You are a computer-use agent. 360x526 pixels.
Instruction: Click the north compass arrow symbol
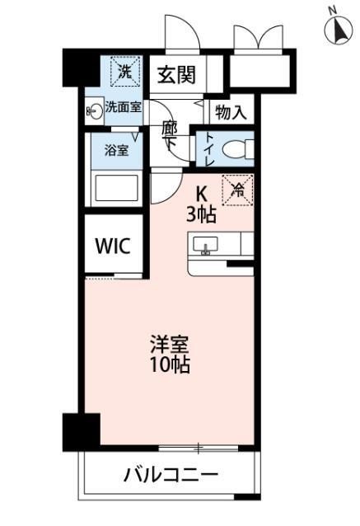pyautogui.click(x=336, y=31)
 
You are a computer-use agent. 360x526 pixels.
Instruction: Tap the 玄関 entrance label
pyautogui.click(x=176, y=75)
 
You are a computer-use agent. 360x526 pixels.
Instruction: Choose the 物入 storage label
pyautogui.click(x=230, y=112)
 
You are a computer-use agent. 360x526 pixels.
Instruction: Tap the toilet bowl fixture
pyautogui.click(x=236, y=149)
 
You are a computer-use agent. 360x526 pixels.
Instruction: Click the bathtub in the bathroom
pyautogui.click(x=116, y=187)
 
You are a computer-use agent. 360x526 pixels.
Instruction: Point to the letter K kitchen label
pyautogui.click(x=201, y=195)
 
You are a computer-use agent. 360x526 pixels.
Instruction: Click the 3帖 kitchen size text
pyautogui.click(x=201, y=215)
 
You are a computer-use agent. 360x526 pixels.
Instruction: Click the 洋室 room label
pyautogui.click(x=170, y=343)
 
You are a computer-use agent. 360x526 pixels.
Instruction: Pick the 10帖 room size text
pyautogui.click(x=170, y=364)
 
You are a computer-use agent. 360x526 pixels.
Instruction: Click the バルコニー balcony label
pyautogui.click(x=171, y=475)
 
